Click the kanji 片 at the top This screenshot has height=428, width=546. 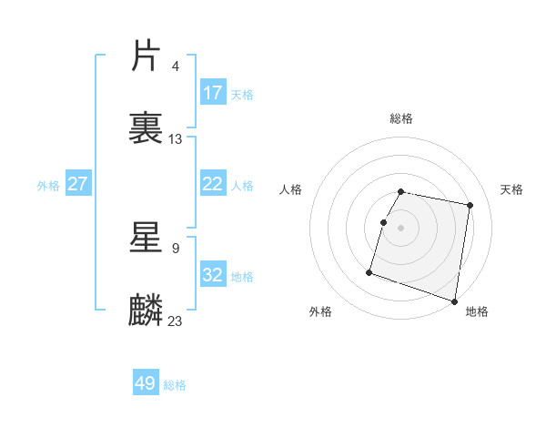coord(147,56)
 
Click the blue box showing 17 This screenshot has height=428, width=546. coord(213,93)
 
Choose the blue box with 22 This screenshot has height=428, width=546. coord(213,184)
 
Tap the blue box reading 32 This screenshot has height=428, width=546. coord(213,275)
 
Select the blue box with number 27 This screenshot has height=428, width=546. coord(78,184)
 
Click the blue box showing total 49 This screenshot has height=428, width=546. coord(146,383)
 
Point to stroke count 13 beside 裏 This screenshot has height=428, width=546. coord(176,139)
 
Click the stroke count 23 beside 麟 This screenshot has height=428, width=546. coord(176,321)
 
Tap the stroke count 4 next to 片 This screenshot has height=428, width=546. coord(176,66)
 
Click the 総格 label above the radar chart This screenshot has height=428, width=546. coord(401,118)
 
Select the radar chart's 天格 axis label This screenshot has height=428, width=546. coord(512,189)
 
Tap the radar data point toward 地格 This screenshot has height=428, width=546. coord(454,301)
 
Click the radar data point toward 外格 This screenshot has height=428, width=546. coord(369,272)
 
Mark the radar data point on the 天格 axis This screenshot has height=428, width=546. coord(470,206)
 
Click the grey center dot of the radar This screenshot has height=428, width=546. coord(401,228)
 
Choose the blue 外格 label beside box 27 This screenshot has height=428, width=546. coord(48,185)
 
